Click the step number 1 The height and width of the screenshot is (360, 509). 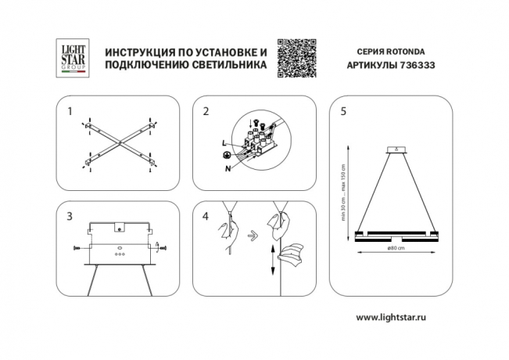69,112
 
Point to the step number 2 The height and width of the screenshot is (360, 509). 206,112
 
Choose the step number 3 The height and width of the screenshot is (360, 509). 69,215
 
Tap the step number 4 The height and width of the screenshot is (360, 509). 206,215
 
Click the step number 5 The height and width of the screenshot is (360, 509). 343,112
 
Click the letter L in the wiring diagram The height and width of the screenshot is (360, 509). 224,142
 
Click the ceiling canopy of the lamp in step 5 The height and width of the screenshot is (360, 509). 396,149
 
